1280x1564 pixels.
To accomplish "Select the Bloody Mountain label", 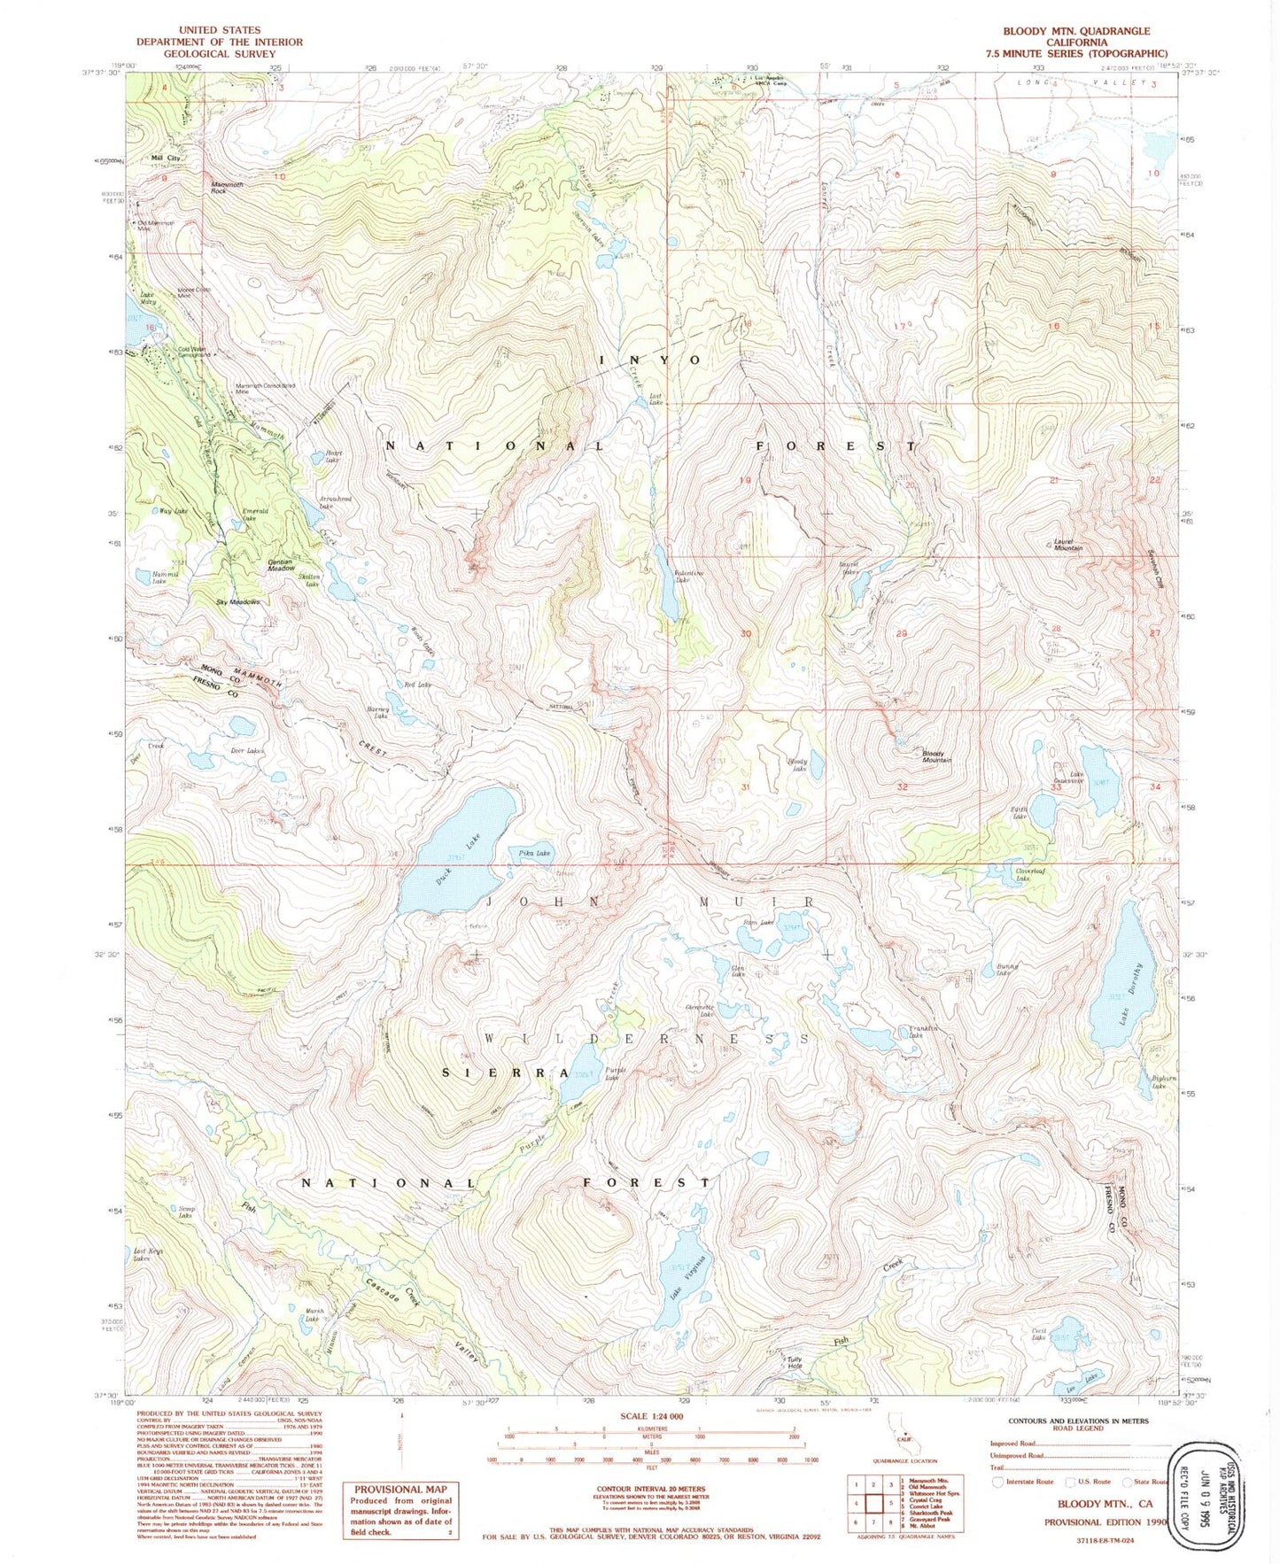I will tap(936, 756).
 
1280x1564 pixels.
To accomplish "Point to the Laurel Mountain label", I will tap(1067, 546).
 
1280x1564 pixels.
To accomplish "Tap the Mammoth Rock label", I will tap(226, 187).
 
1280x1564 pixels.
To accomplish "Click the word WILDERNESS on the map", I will tap(647, 1037).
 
